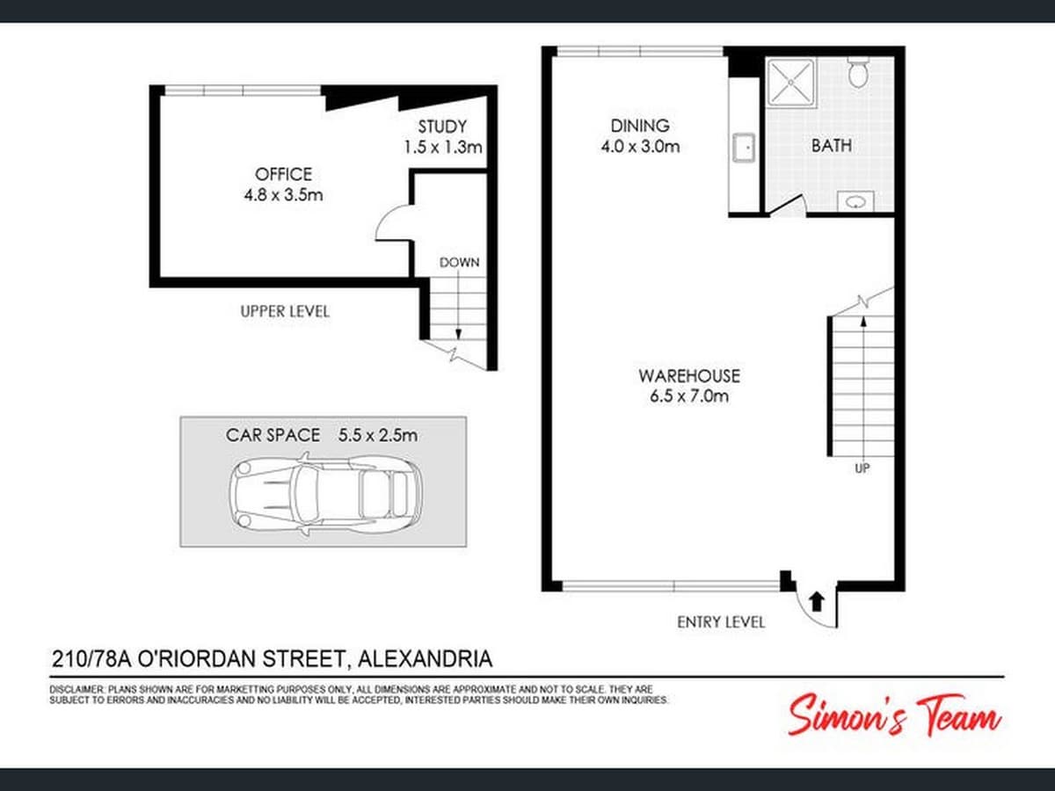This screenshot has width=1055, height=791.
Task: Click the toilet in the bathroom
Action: (858, 72)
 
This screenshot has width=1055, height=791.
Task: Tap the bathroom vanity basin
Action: (853, 201)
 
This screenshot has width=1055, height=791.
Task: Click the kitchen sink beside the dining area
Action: (744, 147)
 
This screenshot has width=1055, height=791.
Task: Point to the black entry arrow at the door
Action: (816, 601)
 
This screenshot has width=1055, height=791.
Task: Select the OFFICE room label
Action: (283, 174)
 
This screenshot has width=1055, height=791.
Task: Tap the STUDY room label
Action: (442, 127)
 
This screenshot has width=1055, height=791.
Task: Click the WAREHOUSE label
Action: (688, 376)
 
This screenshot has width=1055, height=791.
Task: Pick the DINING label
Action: (640, 126)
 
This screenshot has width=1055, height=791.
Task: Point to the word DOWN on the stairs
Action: (459, 262)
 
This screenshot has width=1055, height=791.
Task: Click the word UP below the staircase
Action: (862, 468)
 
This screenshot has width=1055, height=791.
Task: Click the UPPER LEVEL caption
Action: (285, 311)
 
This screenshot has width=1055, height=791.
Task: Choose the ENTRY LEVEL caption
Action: (721, 621)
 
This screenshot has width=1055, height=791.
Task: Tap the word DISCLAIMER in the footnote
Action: (77, 690)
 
